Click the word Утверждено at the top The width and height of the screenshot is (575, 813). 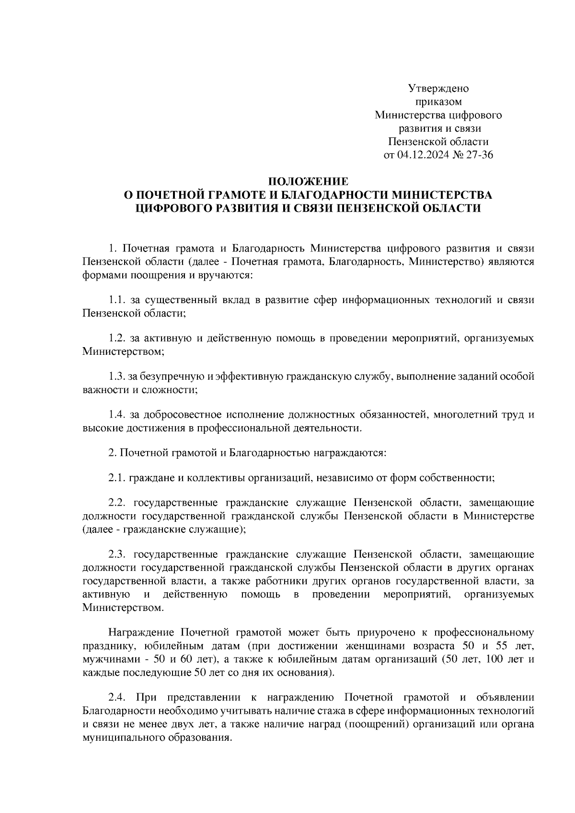pyautogui.click(x=438, y=89)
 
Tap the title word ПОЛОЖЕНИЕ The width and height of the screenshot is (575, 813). pyautogui.click(x=308, y=181)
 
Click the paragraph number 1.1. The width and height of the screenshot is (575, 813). pyautogui.click(x=116, y=300)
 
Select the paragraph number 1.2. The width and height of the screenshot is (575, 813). pyautogui.click(x=116, y=339)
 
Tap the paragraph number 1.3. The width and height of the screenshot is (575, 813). pyautogui.click(x=116, y=377)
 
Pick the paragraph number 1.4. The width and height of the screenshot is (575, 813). pyautogui.click(x=116, y=415)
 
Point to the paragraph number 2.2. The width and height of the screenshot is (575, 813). pyautogui.click(x=116, y=503)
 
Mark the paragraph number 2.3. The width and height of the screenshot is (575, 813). pyautogui.click(x=116, y=554)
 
